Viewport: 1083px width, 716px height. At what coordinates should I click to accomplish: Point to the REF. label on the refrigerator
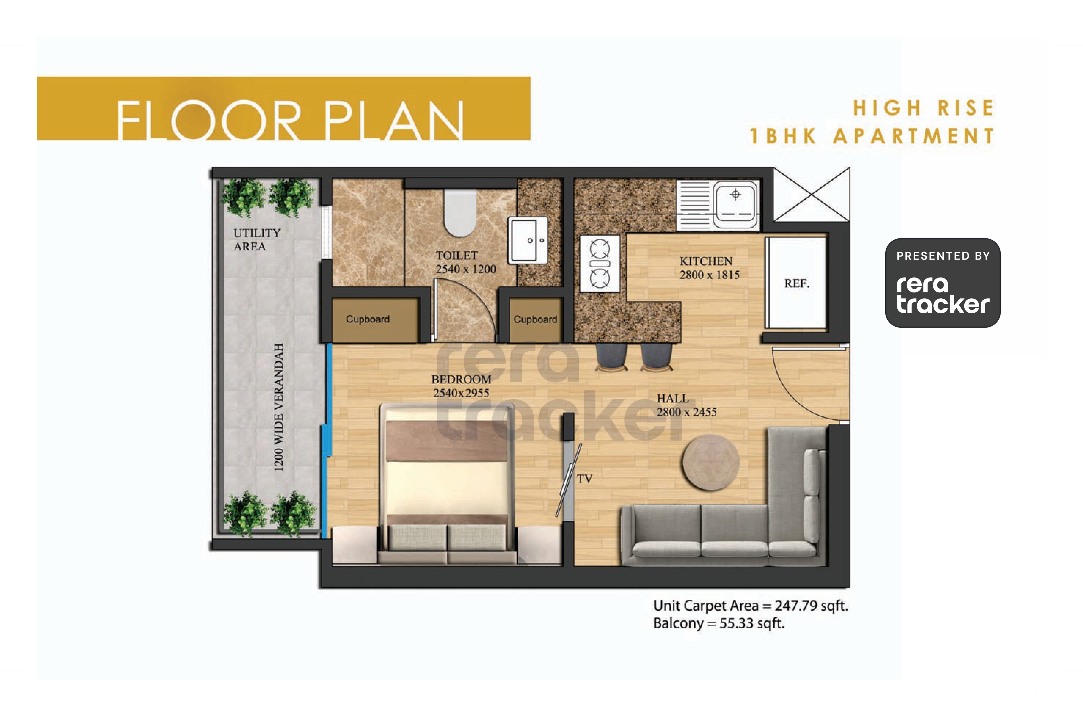[797, 283]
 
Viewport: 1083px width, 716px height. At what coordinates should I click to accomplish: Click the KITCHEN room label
[706, 261]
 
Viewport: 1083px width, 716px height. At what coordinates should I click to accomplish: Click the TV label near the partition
[584, 479]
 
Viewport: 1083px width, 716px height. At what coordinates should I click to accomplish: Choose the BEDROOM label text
[461, 379]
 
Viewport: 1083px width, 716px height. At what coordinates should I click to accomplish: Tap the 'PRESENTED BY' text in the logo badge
[943, 256]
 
